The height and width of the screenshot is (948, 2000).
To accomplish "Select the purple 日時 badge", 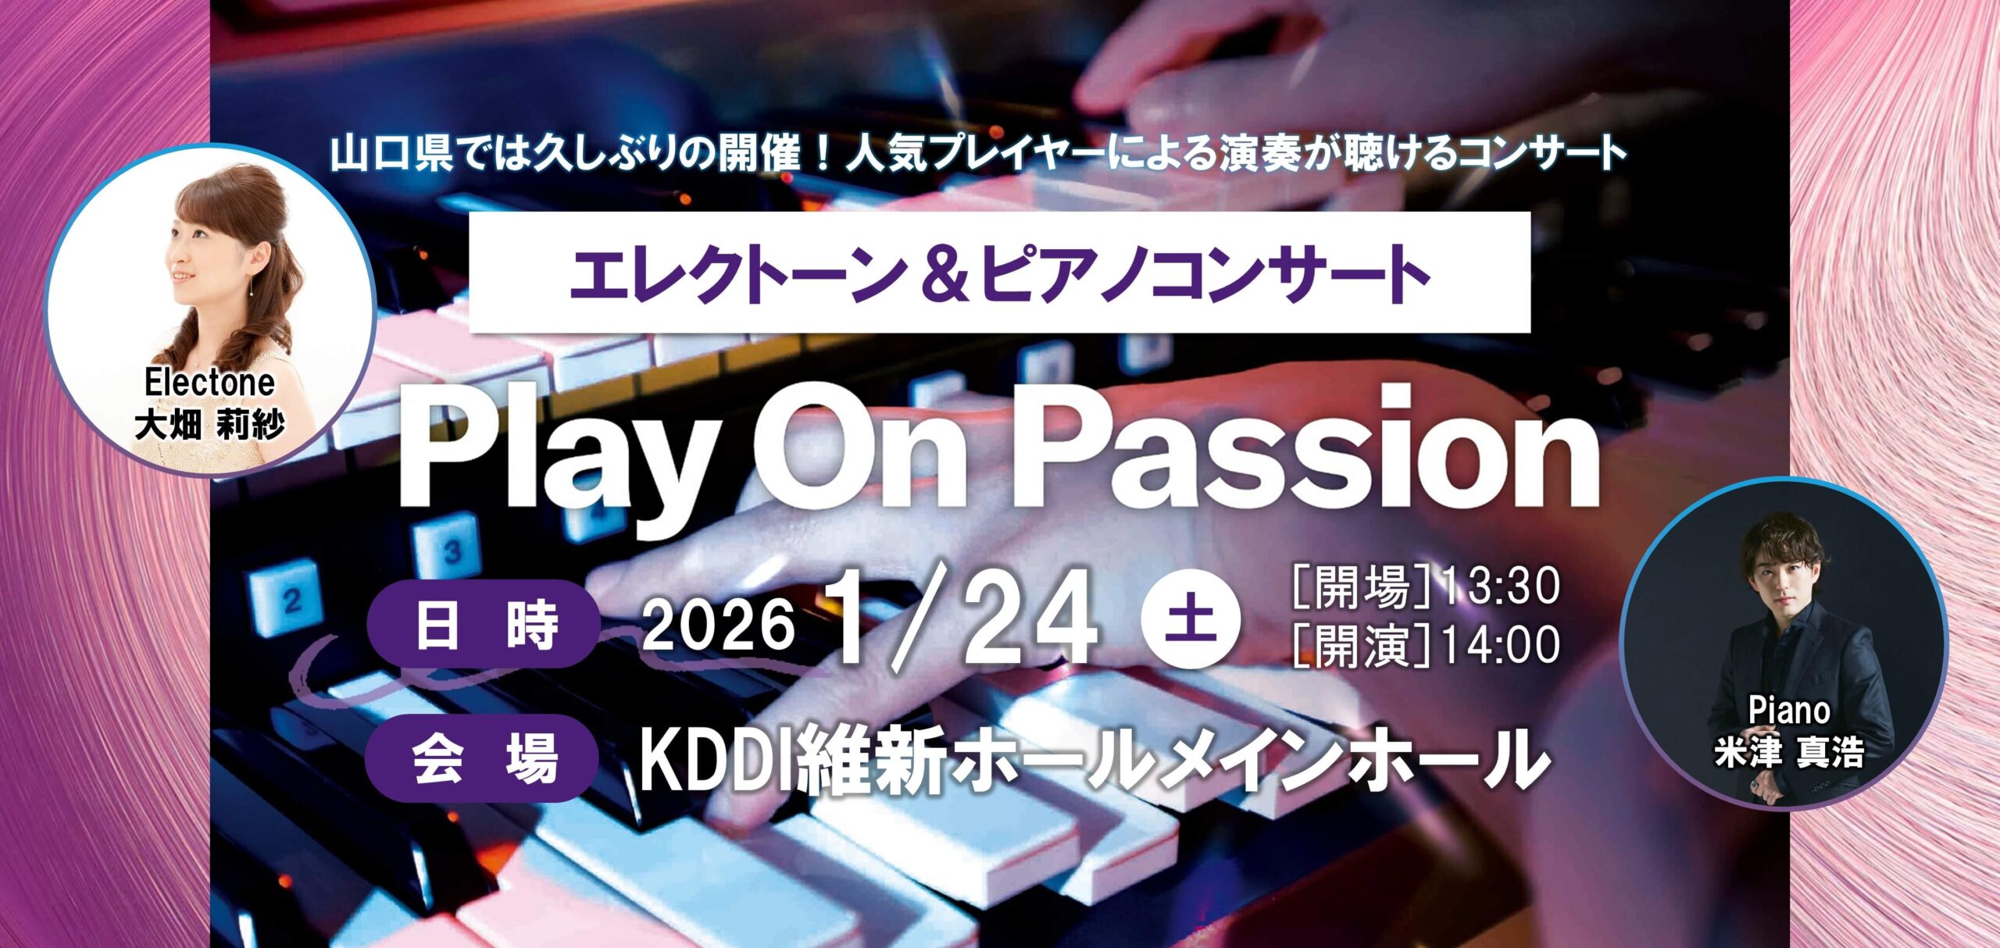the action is tap(484, 624).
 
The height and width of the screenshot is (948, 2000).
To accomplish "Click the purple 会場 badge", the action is tap(482, 757).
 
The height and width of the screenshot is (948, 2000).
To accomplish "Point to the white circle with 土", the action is tap(1190, 620).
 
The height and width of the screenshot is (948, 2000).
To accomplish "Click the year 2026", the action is tap(718, 625).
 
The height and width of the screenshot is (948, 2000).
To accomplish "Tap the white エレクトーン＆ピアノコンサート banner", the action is tap(999, 272).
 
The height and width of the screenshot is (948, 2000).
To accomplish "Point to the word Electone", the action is tap(209, 383).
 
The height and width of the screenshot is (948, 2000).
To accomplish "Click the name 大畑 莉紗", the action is tap(209, 425).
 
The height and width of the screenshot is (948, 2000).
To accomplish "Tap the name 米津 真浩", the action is tap(1790, 752).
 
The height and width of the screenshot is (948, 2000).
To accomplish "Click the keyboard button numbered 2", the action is tap(287, 597).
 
